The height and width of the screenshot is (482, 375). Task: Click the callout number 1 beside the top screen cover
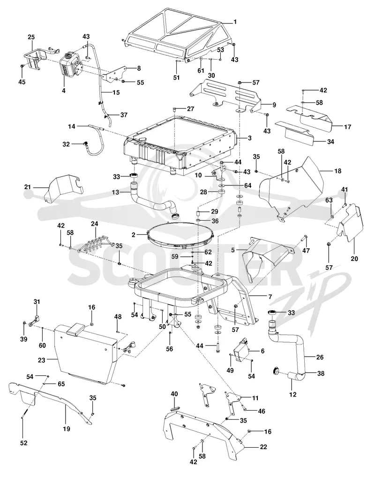coord(235,22)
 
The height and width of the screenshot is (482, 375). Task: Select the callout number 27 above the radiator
coord(190,109)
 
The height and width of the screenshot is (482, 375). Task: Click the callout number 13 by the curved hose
coord(115,192)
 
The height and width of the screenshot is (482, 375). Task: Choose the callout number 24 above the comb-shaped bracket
coord(95,224)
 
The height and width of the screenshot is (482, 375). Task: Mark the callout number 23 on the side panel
coord(42,360)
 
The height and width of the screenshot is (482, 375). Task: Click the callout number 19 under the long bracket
coord(67,429)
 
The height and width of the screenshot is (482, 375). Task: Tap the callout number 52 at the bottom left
coord(23,443)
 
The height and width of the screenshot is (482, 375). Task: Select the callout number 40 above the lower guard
coord(174,394)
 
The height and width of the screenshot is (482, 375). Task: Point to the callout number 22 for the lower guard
coord(263,447)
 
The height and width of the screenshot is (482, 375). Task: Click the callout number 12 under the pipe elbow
coord(293,394)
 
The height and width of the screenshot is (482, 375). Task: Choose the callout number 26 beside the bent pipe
coord(320,357)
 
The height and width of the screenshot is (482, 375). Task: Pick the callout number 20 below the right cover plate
coord(354,259)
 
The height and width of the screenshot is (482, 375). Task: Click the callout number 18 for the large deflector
coord(337,171)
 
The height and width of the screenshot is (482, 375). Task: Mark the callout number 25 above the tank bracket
coord(31,37)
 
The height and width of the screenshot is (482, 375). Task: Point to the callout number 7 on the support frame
coord(270,297)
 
